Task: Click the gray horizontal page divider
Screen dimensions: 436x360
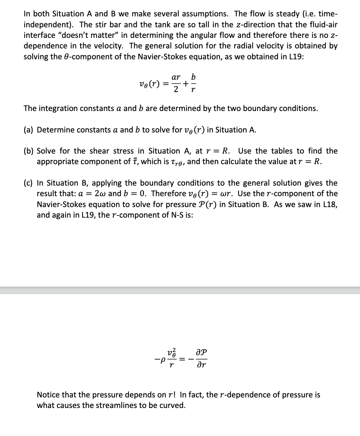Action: click(180, 290)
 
